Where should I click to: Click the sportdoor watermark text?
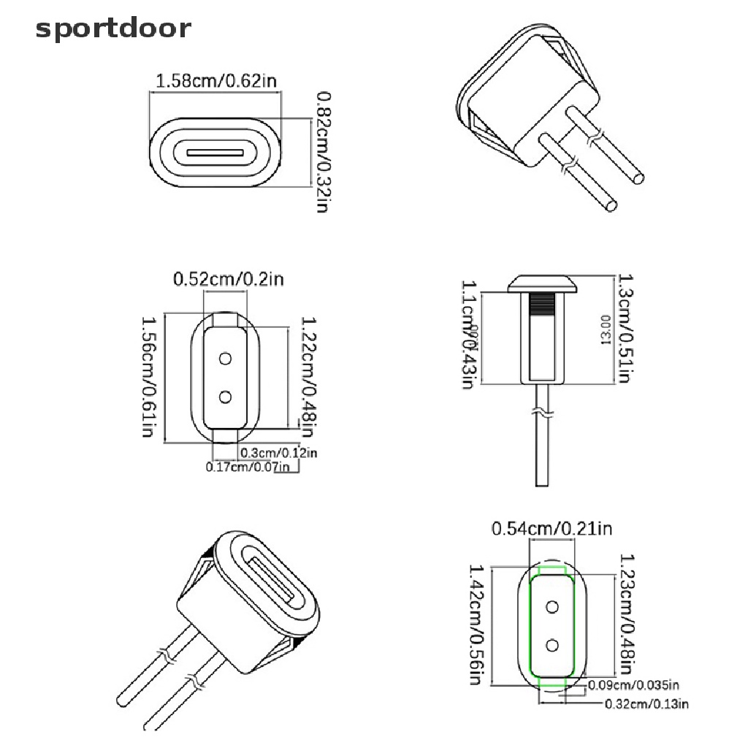[113, 29]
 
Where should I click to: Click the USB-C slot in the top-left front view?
[215, 154]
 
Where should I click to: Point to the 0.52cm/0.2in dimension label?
[228, 279]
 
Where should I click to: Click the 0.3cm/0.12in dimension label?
[279, 453]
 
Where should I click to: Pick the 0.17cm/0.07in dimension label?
[248, 467]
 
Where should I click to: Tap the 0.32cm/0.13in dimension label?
[647, 704]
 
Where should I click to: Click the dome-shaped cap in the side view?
[542, 282]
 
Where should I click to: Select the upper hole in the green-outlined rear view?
[552, 607]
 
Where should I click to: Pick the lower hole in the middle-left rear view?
[225, 396]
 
